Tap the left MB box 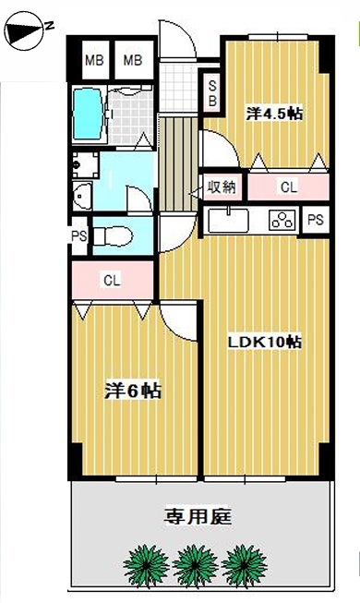94,60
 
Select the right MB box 133,60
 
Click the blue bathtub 88,115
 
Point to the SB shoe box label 212,93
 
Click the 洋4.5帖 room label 274,114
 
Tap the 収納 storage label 222,187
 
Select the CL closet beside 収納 288,187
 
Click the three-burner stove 283,221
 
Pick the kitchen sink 229,221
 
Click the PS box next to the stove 316,220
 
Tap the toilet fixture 113,236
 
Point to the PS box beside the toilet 79,236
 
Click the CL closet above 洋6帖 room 113,280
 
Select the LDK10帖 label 265,342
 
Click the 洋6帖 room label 133,392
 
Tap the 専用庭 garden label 198,516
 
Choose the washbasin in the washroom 82,196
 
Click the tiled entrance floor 178,88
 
